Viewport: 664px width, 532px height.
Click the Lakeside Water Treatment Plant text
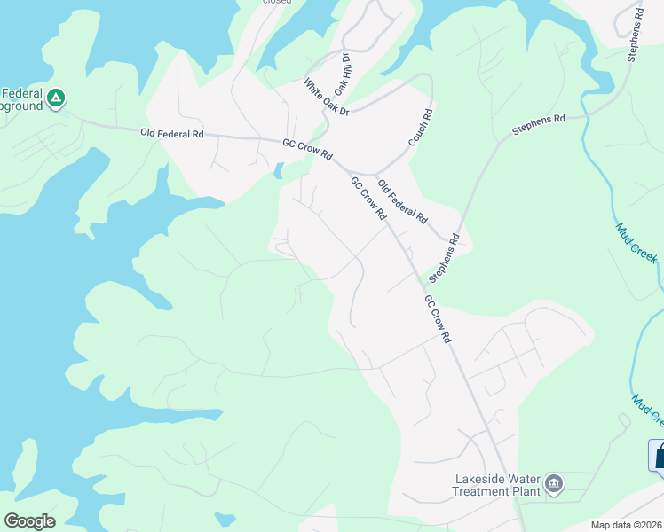point(497,485)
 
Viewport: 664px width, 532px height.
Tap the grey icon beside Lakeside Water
point(554,483)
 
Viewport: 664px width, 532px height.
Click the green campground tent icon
point(55,98)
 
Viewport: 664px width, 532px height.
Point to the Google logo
point(29,521)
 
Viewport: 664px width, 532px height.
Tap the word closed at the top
point(276,2)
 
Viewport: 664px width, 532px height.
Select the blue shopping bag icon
point(658,456)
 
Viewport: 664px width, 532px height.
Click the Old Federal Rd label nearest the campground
point(172,134)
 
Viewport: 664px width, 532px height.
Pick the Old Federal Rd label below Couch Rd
point(403,201)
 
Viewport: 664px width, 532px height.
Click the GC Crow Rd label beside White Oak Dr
point(307,148)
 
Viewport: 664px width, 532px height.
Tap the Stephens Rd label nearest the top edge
point(633,35)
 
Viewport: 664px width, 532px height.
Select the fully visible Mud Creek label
point(636,242)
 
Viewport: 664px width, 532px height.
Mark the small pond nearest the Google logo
point(225,519)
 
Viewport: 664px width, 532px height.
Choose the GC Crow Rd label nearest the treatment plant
point(438,320)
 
